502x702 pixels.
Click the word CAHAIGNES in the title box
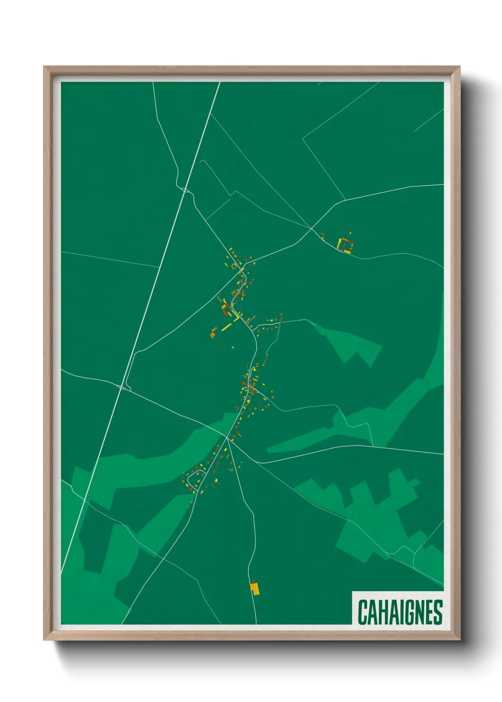pos(400,612)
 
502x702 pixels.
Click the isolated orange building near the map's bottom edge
pos(255,589)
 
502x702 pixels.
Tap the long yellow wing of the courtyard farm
pos(339,245)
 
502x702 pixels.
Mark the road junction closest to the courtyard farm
pos(311,228)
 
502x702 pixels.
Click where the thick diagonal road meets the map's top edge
pos(220,83)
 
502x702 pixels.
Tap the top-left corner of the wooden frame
pos(45,67)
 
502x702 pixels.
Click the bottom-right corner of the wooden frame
pos(459,639)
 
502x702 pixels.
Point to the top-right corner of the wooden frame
pos(459,67)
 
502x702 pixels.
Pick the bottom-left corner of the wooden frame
pos(45,639)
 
